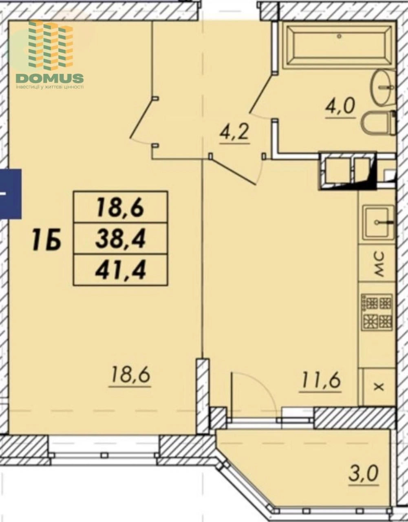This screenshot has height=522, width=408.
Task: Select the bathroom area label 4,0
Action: coord(340,108)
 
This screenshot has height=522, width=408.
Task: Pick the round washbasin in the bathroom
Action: coord(383,87)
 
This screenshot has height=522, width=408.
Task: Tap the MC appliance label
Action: coord(379,263)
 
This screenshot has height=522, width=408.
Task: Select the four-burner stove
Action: coord(378,311)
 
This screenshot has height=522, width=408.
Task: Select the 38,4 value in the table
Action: coord(121,239)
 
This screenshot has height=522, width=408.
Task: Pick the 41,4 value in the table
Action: coord(121,270)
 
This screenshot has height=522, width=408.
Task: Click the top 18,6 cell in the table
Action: coord(121,207)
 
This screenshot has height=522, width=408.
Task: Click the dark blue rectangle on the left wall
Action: coord(11,194)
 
